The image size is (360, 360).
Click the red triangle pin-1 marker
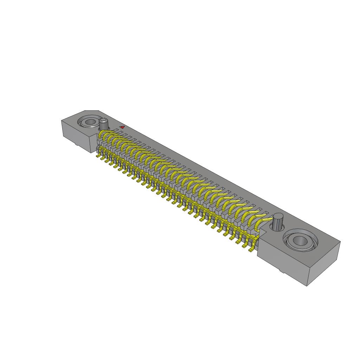pyautogui.click(x=122, y=127)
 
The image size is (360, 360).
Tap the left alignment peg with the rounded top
pyautogui.click(x=103, y=124)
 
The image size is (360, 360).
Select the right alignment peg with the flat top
pyautogui.click(x=278, y=221)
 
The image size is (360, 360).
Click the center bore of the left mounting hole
pyautogui.click(x=91, y=122)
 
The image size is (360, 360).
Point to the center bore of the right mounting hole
pyautogui.click(x=300, y=240)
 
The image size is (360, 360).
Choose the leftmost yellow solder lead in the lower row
pyautogui.click(x=98, y=155)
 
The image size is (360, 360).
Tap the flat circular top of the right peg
pyautogui.click(x=279, y=216)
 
